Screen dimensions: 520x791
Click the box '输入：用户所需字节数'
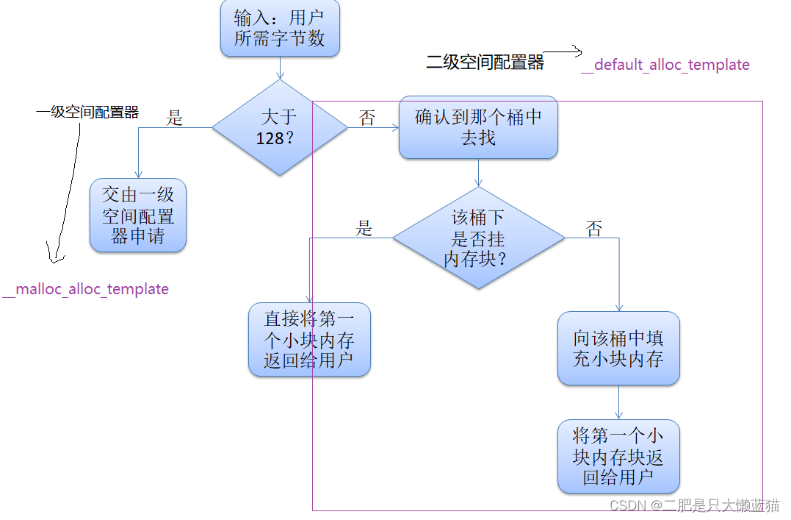pos(280,29)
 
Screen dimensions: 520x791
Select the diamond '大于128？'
pos(280,127)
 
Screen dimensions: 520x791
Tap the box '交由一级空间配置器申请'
pos(138,215)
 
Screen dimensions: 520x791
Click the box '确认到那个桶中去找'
pos(478,127)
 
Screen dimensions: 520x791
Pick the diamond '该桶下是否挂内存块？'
pos(478,238)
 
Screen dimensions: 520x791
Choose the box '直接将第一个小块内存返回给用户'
pos(309,340)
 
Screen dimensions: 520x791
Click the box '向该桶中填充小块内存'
pos(618,349)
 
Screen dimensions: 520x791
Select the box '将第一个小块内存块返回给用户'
pos(618,457)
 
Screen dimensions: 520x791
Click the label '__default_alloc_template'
pos(665,65)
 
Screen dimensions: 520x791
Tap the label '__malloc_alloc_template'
pos(86,289)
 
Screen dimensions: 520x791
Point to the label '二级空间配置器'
pos(485,63)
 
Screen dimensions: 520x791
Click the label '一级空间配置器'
pos(87,113)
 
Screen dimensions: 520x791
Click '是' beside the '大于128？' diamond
pos(174,118)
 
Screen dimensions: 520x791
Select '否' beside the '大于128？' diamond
pos(367,118)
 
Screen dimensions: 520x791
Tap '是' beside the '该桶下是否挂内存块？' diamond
pos(364,228)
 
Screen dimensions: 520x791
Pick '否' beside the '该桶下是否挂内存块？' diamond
pos(594,229)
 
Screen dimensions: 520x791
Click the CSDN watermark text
pos(694,505)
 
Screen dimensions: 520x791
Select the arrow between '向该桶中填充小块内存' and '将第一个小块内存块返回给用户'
pos(618,402)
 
